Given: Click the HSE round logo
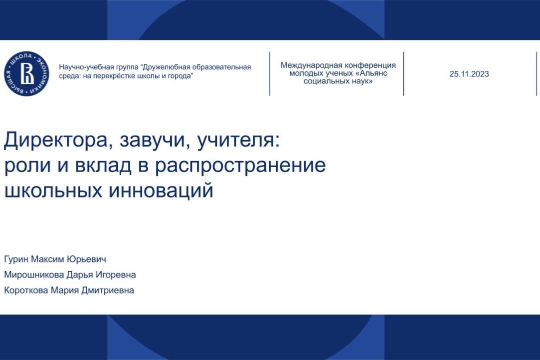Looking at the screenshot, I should tap(27, 74).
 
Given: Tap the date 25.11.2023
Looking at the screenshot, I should tap(469, 74).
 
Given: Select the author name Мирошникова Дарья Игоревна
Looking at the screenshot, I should tap(70, 275).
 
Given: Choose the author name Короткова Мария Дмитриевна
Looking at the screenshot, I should tap(69, 290).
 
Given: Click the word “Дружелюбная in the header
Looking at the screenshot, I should tap(167, 67).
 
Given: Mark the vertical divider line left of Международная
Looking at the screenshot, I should tap(270, 73).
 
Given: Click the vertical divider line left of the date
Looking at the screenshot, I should tap(403, 73).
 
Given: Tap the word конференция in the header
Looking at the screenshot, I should tap(371, 65).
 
